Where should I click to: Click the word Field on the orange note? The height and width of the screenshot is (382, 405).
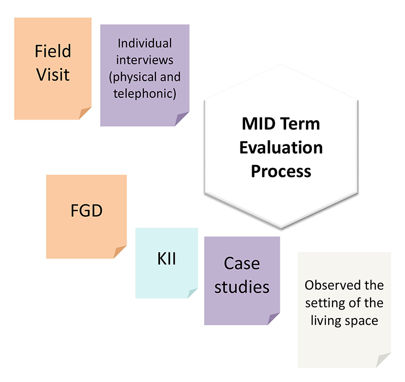tap(53, 51)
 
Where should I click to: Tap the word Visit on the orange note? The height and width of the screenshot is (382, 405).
tap(53, 74)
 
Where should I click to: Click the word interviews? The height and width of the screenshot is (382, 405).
tap(145, 60)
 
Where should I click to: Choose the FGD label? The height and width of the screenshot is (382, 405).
tap(87, 210)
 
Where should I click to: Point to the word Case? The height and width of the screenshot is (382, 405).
tap(241, 263)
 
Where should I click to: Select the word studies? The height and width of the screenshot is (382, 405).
tap(241, 287)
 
